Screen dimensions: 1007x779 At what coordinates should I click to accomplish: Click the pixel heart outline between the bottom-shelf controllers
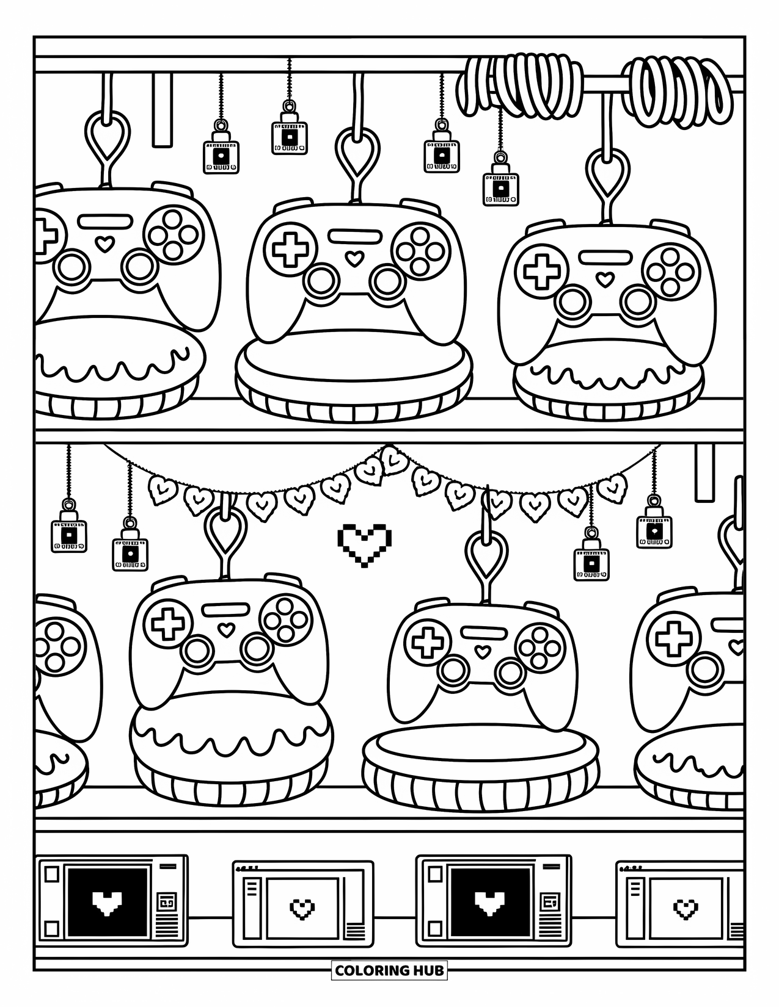364,544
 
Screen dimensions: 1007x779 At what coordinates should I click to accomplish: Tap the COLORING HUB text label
389,970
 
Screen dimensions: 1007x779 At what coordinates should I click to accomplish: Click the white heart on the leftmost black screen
107,902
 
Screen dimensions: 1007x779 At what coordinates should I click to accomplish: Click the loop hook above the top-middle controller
357,153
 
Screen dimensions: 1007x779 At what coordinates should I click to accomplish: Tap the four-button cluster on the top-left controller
174,234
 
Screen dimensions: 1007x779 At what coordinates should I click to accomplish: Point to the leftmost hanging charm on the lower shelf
68,530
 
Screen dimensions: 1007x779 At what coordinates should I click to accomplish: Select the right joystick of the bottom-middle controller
511,672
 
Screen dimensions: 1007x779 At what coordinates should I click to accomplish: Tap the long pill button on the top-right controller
605,257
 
